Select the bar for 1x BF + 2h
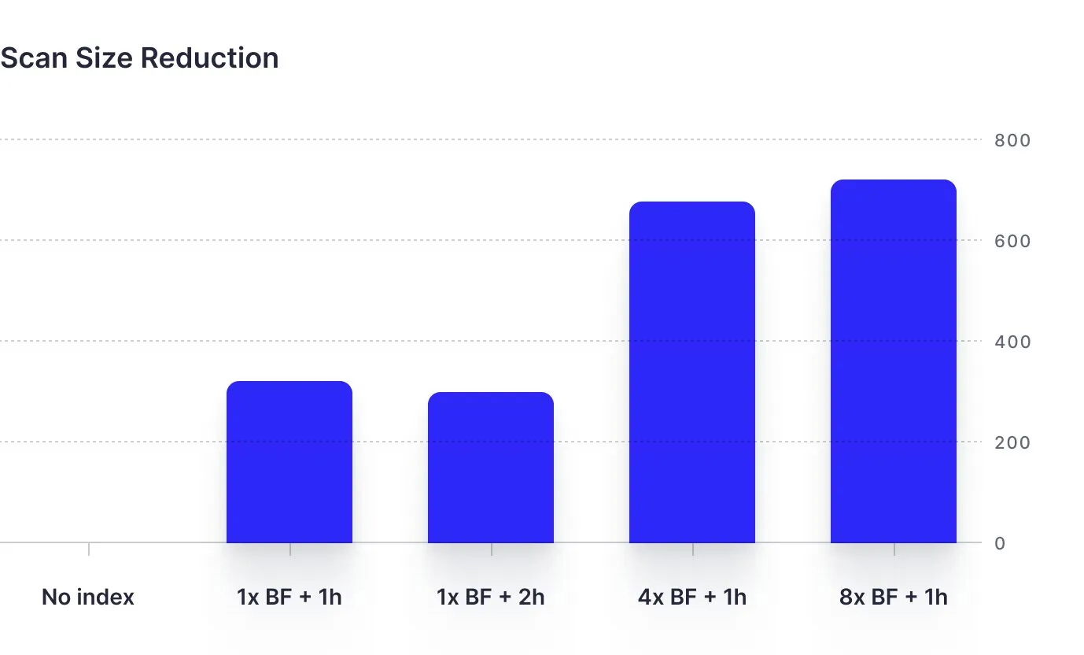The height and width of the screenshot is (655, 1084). coord(491,468)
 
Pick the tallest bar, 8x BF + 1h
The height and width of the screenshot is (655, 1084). coord(894,361)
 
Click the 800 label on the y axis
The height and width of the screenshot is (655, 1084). coord(1012,140)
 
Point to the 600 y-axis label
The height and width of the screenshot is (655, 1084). coord(1012,241)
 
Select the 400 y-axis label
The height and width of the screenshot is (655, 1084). coord(1012,342)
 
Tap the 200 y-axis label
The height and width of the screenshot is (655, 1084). coord(1012,442)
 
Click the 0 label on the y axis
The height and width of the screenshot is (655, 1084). coord(1000,543)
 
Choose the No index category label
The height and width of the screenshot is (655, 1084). coord(88,597)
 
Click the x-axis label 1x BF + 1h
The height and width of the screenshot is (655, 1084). coord(289,597)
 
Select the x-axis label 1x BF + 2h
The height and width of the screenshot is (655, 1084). coord(491,597)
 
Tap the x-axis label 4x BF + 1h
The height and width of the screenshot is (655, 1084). coord(692,597)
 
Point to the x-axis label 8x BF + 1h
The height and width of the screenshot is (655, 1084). coord(894,597)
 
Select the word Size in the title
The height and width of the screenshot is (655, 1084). coord(101,58)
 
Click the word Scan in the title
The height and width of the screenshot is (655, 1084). coord(33,58)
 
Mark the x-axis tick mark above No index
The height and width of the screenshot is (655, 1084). coord(89,549)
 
